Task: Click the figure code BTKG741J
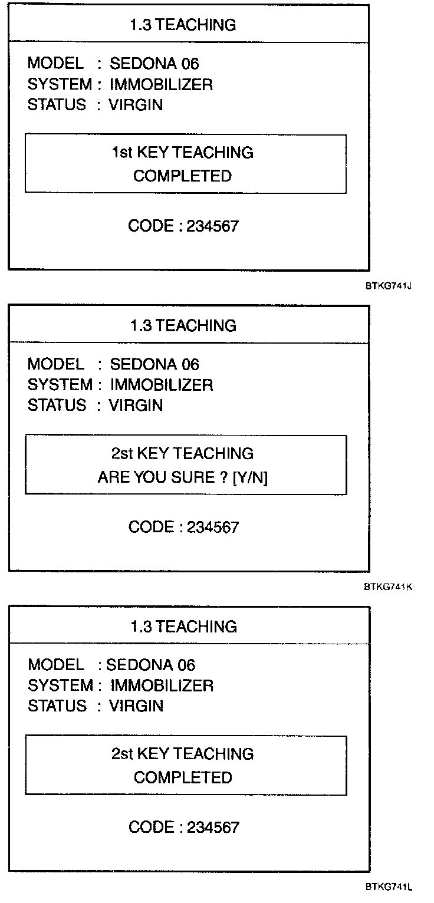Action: click(387, 286)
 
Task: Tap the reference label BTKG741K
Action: click(387, 587)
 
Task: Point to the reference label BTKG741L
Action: click(387, 888)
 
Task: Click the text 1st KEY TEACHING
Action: click(183, 153)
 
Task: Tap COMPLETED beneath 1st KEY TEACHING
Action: click(183, 176)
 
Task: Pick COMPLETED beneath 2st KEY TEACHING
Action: click(183, 777)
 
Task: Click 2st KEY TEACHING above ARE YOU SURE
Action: click(183, 453)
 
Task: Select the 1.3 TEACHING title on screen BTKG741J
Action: click(183, 25)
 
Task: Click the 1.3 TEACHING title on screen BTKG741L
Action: click(183, 627)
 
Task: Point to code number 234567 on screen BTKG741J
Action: click(213, 226)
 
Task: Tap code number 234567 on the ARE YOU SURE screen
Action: click(213, 527)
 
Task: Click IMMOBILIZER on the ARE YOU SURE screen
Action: click(162, 385)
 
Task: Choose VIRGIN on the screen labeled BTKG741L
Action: click(136, 706)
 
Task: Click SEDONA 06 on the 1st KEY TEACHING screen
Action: click(154, 64)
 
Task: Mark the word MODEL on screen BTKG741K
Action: click(56, 364)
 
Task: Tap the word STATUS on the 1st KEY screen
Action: click(57, 105)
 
